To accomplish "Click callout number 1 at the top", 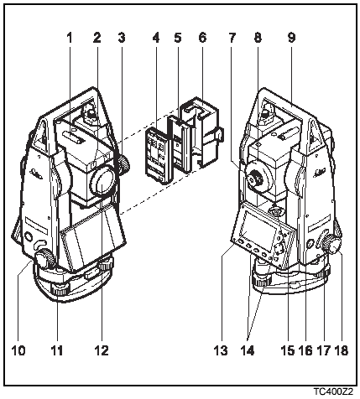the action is coord(69,38).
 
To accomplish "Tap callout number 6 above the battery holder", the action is coord(202,38).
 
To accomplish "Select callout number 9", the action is coord(291,38).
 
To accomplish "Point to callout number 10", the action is coord(18,350).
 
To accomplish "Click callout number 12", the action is coord(101,350).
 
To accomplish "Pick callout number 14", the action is coord(248,350).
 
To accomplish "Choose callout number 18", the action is coord(341,350).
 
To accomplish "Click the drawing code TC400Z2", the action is coord(333,391).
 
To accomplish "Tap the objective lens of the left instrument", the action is coord(103,182).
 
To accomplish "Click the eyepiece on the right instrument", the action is coord(254,178).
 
